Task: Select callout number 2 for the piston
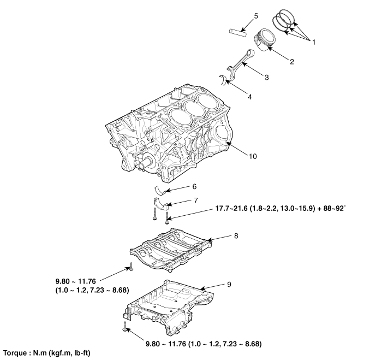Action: click(292, 61)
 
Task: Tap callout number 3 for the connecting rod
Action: click(266, 78)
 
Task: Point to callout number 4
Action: click(249, 97)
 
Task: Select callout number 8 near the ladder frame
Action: click(236, 236)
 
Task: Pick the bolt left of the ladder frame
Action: click(132, 267)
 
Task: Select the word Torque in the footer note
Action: click(16, 354)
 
